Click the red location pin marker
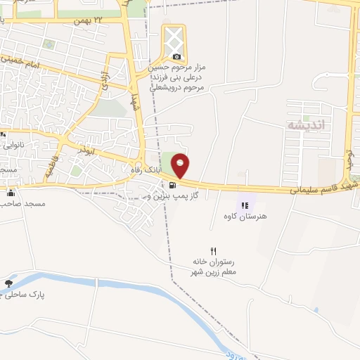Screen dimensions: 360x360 click(x=181, y=165)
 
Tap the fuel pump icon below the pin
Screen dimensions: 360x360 click(x=171, y=186)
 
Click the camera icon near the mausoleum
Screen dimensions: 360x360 click(x=176, y=56)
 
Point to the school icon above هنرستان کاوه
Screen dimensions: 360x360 click(x=244, y=206)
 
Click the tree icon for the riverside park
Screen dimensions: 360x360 click(x=8, y=284)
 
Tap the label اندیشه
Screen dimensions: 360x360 click(x=304, y=124)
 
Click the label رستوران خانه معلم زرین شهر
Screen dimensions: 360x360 click(x=215, y=266)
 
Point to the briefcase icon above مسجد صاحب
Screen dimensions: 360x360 click(x=10, y=193)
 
